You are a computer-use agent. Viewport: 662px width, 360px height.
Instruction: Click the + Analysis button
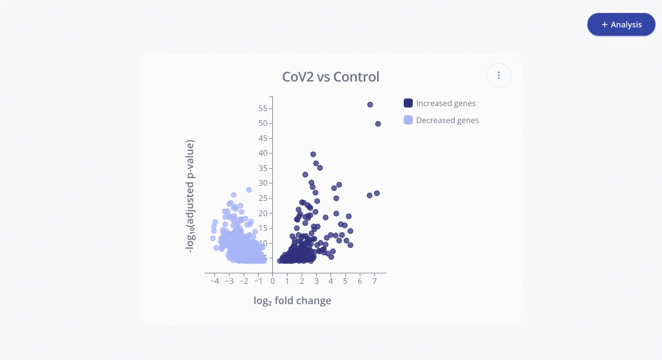(621, 25)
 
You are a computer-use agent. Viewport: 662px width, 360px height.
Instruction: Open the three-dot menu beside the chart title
(498, 76)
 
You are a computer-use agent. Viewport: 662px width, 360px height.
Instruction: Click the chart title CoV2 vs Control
(330, 77)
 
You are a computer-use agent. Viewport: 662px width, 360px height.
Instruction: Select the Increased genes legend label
(445, 103)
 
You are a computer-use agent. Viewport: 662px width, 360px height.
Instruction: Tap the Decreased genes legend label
(447, 120)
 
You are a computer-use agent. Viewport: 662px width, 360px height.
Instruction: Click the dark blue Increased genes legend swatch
(408, 103)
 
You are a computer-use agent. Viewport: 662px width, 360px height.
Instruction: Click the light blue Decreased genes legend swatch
(408, 120)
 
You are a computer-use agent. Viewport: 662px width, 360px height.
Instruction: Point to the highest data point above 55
(370, 104)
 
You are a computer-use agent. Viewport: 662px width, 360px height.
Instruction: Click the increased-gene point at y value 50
(378, 124)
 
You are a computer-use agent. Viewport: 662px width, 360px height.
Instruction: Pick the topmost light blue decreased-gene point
(249, 190)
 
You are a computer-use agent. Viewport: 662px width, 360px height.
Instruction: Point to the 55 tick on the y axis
(263, 108)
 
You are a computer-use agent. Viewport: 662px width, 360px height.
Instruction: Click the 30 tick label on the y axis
(263, 183)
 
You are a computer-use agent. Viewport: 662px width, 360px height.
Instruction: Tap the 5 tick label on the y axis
(265, 258)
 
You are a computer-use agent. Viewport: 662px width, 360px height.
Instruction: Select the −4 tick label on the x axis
(214, 281)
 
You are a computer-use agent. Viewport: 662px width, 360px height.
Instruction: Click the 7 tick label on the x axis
(374, 281)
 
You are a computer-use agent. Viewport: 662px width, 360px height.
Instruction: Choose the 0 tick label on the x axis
(272, 281)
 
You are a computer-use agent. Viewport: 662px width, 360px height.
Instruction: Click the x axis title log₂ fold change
(292, 301)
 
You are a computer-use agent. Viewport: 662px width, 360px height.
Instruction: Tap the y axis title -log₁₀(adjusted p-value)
(191, 196)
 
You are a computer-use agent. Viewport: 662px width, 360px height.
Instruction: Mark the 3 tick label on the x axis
(316, 281)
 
